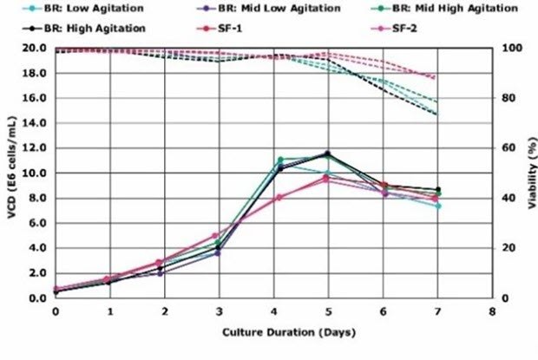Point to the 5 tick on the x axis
(x=328, y=309)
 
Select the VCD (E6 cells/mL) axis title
(x=11, y=173)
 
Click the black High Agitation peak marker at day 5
(x=327, y=154)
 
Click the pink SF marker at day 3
(x=218, y=235)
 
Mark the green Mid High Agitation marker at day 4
(x=279, y=160)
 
